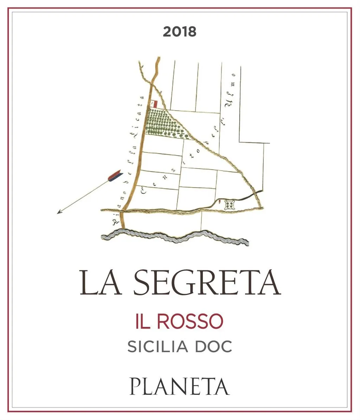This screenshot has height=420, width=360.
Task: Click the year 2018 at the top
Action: (180, 32)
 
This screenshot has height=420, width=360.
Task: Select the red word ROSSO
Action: (190, 321)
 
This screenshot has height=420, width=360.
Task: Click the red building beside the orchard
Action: (154, 104)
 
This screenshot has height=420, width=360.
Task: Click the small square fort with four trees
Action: (230, 204)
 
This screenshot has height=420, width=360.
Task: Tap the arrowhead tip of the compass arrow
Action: (58, 213)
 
